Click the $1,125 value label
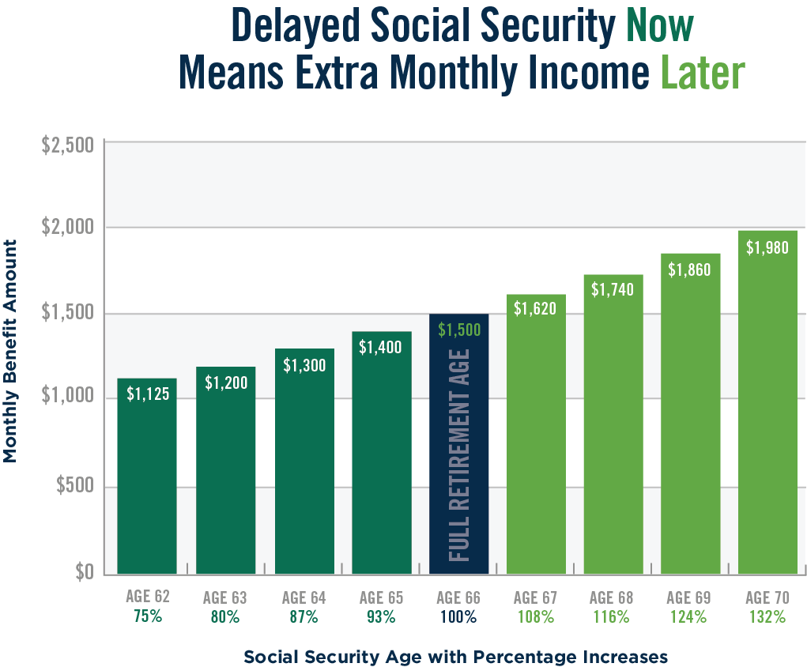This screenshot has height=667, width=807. [148, 394]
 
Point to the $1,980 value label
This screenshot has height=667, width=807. [767, 247]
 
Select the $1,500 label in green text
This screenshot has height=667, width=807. [458, 330]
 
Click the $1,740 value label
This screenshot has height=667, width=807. [613, 289]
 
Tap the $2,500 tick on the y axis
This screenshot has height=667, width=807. [67, 145]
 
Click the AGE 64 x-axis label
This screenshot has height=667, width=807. [304, 598]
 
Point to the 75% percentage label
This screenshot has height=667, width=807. [147, 616]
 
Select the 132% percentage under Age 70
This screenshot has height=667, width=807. [767, 616]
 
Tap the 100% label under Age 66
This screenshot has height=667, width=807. [458, 616]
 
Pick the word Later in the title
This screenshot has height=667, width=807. [703, 73]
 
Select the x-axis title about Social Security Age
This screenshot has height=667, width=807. [456, 657]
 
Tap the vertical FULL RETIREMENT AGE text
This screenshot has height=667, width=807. [460, 455]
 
